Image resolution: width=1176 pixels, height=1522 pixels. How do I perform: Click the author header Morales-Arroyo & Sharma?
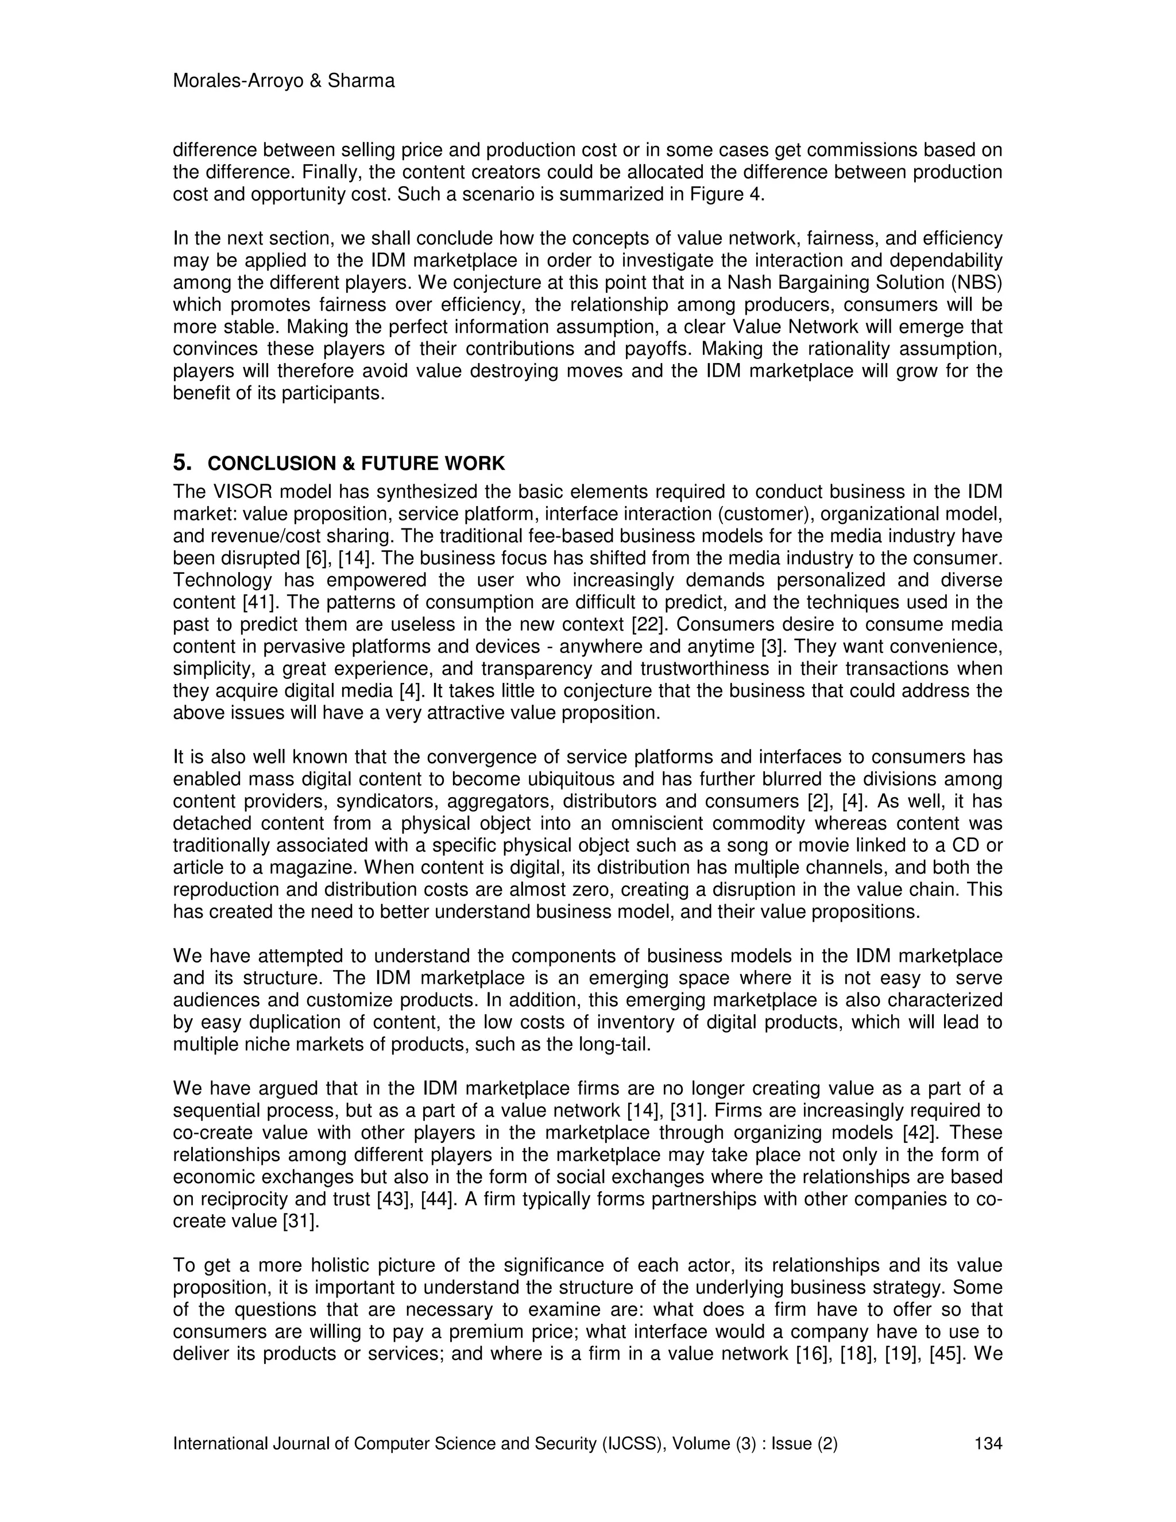click(284, 82)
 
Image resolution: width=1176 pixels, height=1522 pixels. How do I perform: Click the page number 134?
click(988, 1443)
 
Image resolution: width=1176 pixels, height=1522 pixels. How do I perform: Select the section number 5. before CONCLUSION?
click(182, 463)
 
